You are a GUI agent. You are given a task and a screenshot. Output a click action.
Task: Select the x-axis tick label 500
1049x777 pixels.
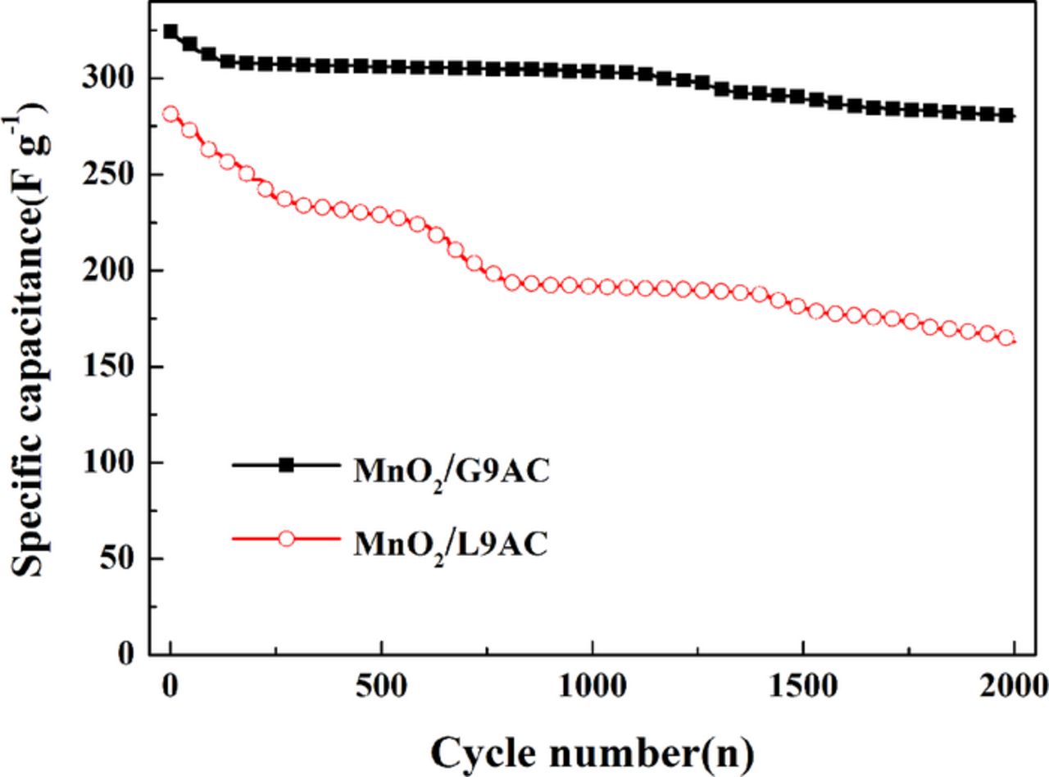click(381, 683)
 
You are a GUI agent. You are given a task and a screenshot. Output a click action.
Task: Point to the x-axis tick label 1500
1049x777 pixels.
click(803, 683)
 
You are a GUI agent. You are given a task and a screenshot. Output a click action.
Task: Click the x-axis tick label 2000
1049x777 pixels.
click(1014, 683)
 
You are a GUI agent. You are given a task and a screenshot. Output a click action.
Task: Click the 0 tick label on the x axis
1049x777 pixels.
click(170, 683)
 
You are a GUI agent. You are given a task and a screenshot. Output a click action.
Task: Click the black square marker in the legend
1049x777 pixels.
click(286, 466)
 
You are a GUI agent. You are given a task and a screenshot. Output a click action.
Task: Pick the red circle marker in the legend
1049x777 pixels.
click(286, 539)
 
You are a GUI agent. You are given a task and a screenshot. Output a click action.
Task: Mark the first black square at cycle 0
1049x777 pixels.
click(170, 32)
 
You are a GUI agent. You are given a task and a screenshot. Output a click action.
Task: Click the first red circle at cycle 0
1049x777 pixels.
click(170, 114)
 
